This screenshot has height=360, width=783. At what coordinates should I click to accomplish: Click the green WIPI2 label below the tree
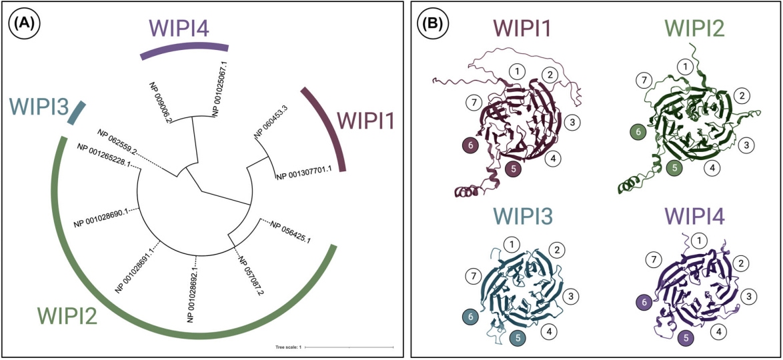pos(68,315)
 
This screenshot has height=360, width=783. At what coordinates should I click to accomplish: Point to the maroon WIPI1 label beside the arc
pos(367,121)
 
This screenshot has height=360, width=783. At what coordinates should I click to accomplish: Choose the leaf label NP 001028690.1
pos(101,217)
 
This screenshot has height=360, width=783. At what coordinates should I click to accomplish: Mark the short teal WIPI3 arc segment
pos(77,112)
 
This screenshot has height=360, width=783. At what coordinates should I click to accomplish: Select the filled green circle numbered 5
pos(675,168)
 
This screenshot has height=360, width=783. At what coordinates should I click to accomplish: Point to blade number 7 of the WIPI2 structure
pos(644,81)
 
